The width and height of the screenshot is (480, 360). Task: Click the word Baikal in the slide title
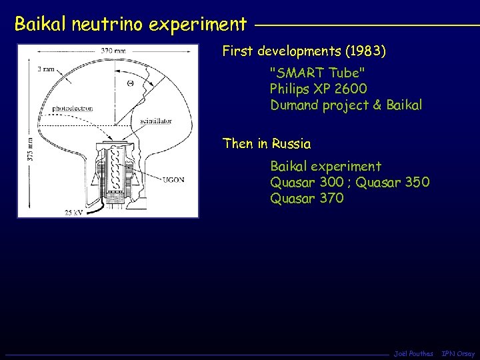(x=38, y=25)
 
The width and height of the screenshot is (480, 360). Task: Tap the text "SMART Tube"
(x=317, y=73)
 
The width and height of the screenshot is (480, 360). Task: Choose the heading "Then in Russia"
(x=267, y=143)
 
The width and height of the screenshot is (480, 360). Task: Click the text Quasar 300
(x=306, y=182)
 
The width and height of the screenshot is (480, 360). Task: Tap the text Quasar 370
(x=307, y=198)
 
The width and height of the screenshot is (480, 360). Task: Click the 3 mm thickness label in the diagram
(x=45, y=69)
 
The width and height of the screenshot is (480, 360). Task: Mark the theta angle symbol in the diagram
(x=131, y=83)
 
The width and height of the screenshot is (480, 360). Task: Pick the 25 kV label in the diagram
(x=75, y=212)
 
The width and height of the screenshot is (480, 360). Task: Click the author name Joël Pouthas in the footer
(x=413, y=353)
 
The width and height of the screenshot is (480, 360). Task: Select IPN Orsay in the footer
(x=459, y=353)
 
